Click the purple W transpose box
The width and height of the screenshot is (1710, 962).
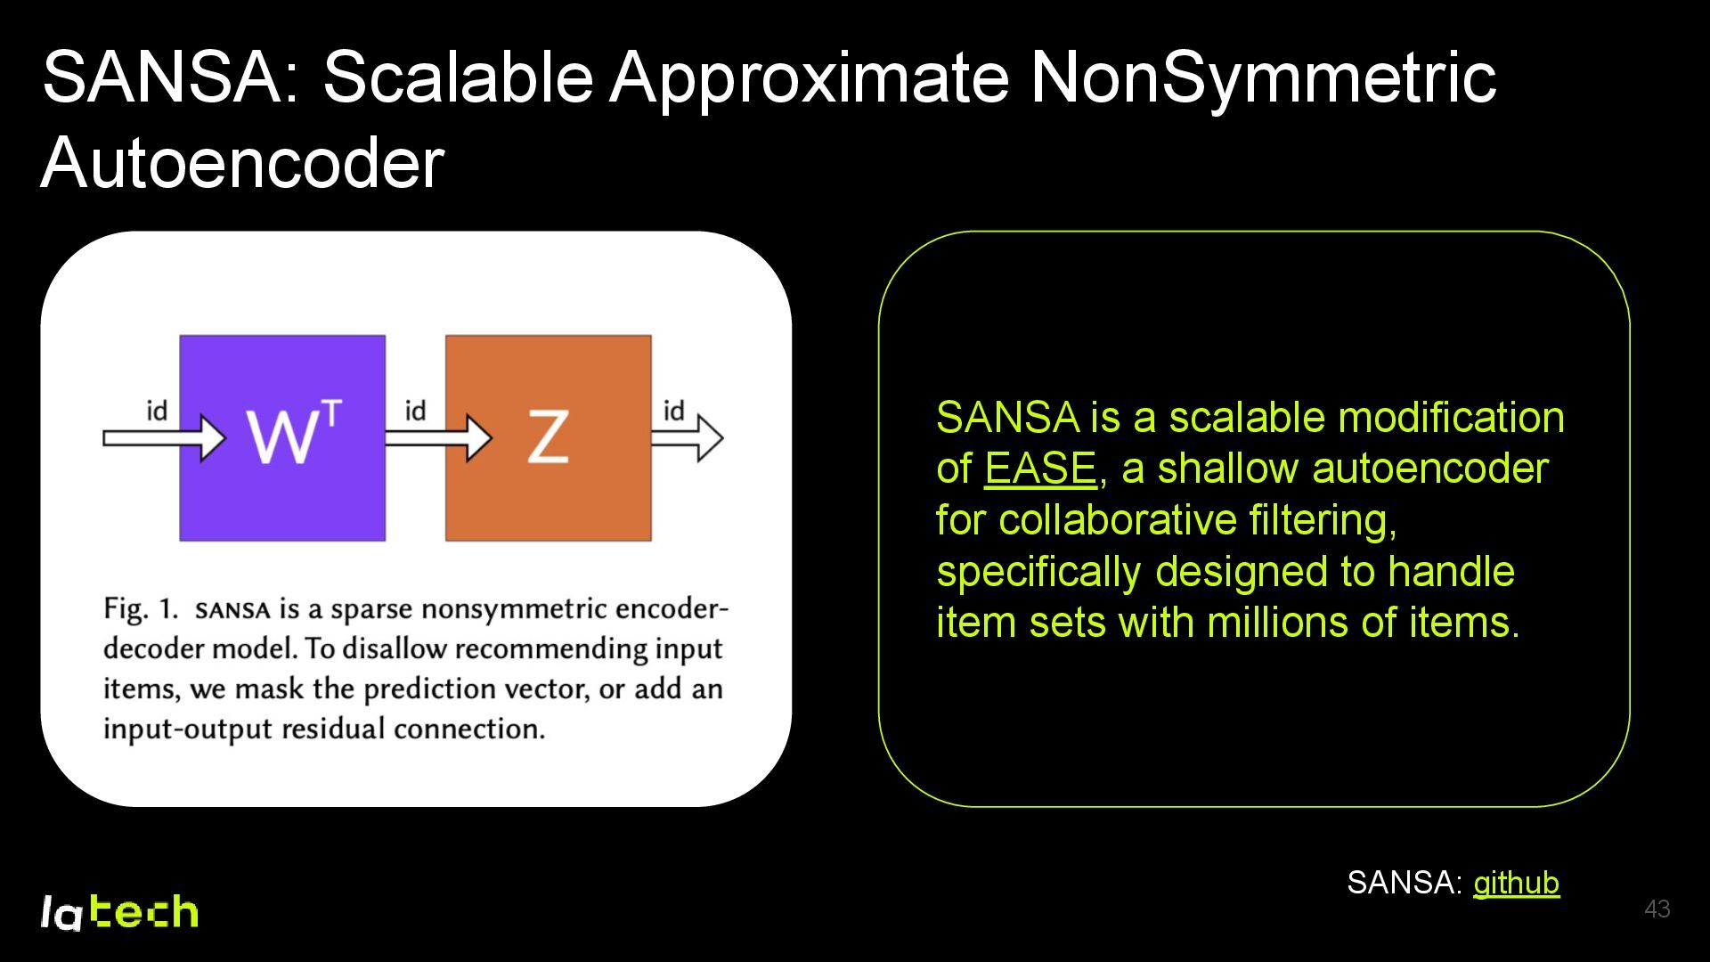(x=282, y=437)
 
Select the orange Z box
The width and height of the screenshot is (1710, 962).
(x=548, y=437)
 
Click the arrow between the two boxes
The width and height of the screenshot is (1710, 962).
(x=437, y=437)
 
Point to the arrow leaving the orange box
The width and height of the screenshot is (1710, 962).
(x=687, y=437)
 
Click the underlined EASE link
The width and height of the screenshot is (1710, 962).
(x=1039, y=469)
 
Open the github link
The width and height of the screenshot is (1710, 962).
(x=1516, y=883)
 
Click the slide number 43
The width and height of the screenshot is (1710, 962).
(x=1657, y=909)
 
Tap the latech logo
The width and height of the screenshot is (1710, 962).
(x=119, y=912)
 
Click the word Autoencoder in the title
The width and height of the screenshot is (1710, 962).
(x=242, y=163)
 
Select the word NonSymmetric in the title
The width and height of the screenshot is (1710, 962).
(x=1263, y=77)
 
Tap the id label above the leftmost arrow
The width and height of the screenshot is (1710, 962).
(x=157, y=411)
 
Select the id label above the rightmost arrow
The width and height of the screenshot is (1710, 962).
(x=674, y=411)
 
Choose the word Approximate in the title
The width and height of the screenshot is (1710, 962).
(x=810, y=77)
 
